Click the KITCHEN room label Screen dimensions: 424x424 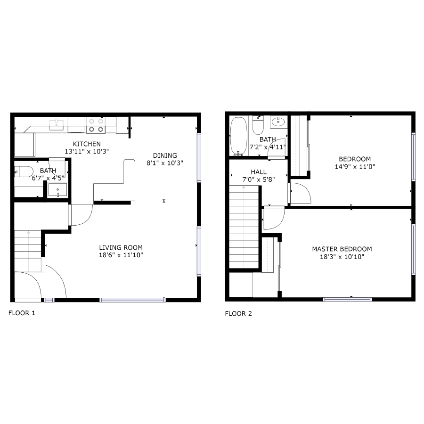pyautogui.click(x=87, y=144)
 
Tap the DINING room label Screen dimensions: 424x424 pyautogui.click(x=165, y=155)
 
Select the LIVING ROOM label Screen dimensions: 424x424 pyautogui.click(x=121, y=247)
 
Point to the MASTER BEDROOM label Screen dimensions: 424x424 pyautogui.click(x=342, y=249)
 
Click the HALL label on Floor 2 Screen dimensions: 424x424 pyautogui.click(x=259, y=171)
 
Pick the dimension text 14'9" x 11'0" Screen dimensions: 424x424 pyautogui.click(x=355, y=167)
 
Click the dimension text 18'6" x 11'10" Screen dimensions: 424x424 pyautogui.click(x=121, y=255)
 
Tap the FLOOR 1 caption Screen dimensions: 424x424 pyautogui.click(x=22, y=313)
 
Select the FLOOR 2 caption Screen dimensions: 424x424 pyautogui.click(x=238, y=313)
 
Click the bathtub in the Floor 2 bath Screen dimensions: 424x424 pyautogui.click(x=238, y=137)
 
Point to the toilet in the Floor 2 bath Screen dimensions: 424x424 pyautogui.click(x=258, y=125)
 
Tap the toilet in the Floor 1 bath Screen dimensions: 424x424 pyautogui.click(x=24, y=171)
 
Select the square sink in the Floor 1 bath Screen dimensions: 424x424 pyautogui.click(x=57, y=190)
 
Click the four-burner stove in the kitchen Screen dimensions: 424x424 pyautogui.click(x=96, y=125)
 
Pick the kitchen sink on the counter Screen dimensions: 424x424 pyautogui.click(x=57, y=124)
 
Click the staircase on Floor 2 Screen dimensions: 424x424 pyautogui.click(x=244, y=227)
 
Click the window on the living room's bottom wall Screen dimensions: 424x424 pyautogui.click(x=132, y=300)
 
